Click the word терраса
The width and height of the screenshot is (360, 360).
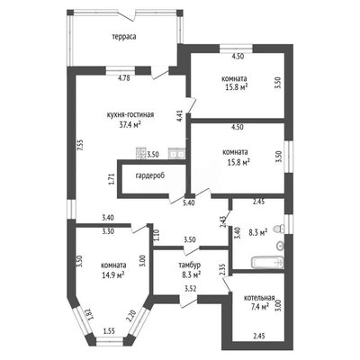point(124,37)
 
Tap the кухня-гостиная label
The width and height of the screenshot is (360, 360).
point(130,115)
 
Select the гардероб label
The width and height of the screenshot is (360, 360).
point(150,175)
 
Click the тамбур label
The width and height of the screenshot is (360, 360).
point(190,265)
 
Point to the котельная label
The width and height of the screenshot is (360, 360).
point(259,298)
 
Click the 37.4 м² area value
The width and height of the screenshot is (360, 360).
point(130,124)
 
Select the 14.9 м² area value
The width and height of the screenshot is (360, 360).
point(113,274)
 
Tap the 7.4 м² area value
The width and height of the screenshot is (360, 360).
point(260,306)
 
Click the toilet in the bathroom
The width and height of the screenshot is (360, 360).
point(279,229)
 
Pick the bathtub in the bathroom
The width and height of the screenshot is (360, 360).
point(268,263)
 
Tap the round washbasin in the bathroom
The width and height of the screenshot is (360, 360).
point(280,246)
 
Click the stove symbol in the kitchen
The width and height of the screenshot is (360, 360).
point(140,153)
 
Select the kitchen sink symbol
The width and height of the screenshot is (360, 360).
point(176,153)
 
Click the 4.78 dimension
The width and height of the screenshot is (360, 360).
point(123,78)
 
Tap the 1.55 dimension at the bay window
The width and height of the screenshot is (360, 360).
point(110,331)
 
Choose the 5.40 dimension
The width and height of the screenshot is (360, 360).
point(189,202)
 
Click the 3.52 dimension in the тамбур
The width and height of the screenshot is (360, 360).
point(190,289)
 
